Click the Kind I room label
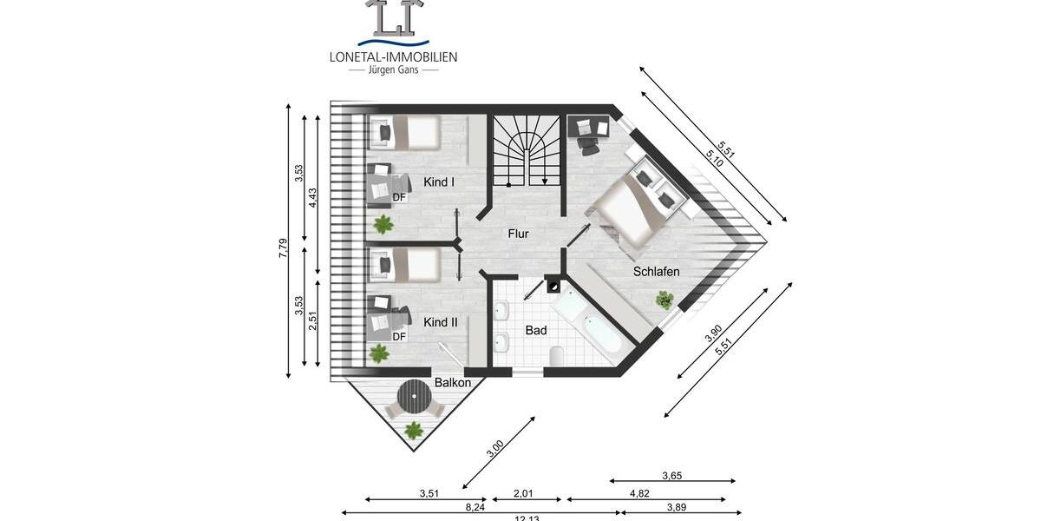coord(439,182)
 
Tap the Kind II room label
coord(440,322)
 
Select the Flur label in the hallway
coord(518,234)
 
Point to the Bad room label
coord(536,331)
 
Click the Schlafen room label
coord(656,272)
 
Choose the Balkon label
coord(453,383)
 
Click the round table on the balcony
coord(414,400)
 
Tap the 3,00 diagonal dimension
coord(495,449)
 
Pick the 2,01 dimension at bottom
coord(523,493)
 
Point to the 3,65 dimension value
coord(672,475)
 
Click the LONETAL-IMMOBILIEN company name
coord(393,56)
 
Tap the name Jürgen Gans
coord(393,69)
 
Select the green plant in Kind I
coord(383,224)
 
